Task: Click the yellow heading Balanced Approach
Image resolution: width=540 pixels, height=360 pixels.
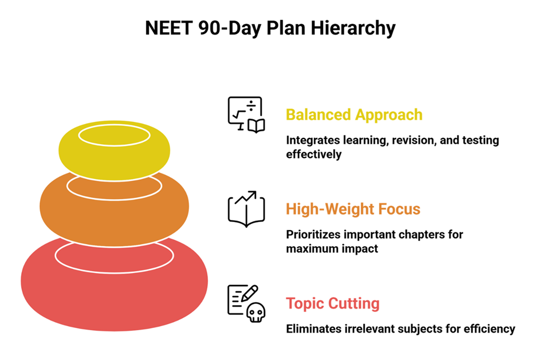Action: click(354, 114)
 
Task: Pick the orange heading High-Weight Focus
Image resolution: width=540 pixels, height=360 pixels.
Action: click(353, 209)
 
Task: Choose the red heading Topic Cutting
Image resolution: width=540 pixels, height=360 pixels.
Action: click(332, 303)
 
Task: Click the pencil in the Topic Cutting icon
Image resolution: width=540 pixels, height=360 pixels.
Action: click(250, 294)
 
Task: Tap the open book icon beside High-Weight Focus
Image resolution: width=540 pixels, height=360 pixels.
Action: click(246, 212)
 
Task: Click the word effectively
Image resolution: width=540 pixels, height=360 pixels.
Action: click(313, 154)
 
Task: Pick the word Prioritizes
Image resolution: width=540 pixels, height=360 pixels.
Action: click(313, 235)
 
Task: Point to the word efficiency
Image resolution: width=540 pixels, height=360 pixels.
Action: click(491, 329)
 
